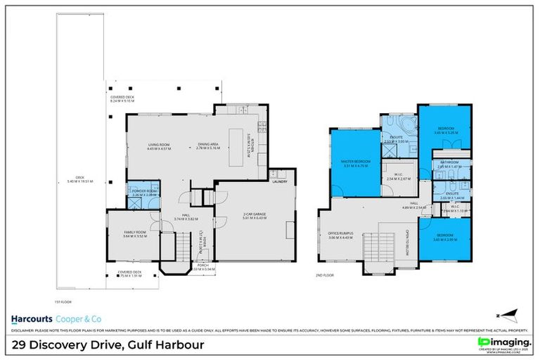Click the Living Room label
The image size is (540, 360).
tap(160, 146)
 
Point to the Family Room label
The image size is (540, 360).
tap(134, 233)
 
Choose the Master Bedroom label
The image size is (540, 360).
tap(356, 162)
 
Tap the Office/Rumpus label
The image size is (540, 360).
tap(339, 234)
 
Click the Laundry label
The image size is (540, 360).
tap(278, 181)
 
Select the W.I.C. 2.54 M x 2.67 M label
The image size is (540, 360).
tap(398, 176)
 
